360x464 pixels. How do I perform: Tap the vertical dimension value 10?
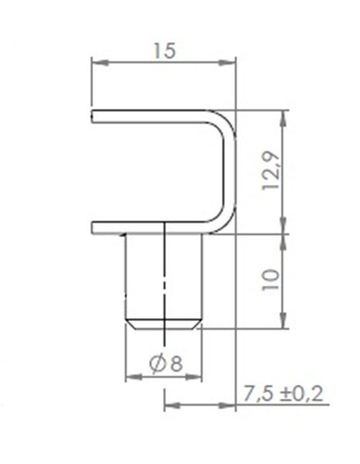pyautogui.click(x=271, y=280)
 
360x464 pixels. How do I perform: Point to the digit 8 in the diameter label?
pyautogui.click(x=175, y=364)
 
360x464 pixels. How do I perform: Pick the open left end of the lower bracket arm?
pyautogui.click(x=93, y=227)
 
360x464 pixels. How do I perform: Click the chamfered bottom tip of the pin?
pyautogui.click(x=163, y=324)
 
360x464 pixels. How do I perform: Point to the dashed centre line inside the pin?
pyautogui.click(x=164, y=282)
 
